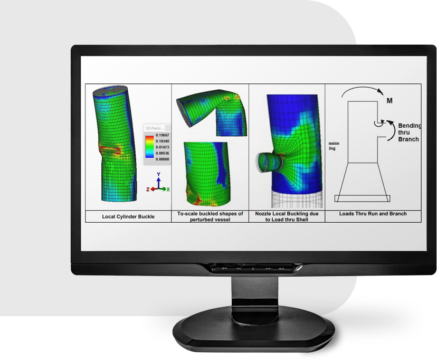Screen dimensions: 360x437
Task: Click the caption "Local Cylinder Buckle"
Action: pyautogui.click(x=128, y=216)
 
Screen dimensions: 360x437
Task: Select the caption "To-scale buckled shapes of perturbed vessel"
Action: pyautogui.click(x=210, y=216)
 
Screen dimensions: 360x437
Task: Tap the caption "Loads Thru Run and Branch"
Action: pyautogui.click(x=373, y=214)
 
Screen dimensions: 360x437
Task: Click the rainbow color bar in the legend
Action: pyautogui.click(x=149, y=147)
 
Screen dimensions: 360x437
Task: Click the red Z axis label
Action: pyautogui.click(x=149, y=189)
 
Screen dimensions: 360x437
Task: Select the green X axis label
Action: pyautogui.click(x=168, y=189)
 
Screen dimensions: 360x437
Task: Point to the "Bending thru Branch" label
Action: pyautogui.click(x=410, y=132)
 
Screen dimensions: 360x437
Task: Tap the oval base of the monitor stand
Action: pyautogui.click(x=253, y=333)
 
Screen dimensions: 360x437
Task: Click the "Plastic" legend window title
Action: pyautogui.click(x=157, y=127)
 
